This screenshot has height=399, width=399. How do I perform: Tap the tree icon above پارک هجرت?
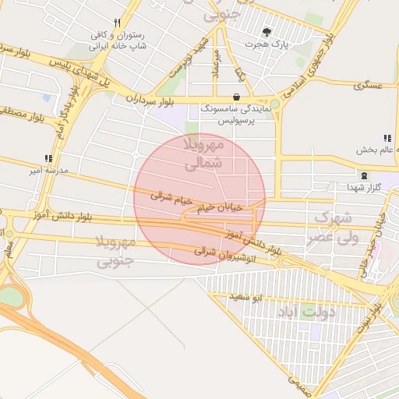[267, 33]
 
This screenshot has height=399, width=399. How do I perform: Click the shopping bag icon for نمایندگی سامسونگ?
[236, 97]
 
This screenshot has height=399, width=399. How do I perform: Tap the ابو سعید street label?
[246, 297]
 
